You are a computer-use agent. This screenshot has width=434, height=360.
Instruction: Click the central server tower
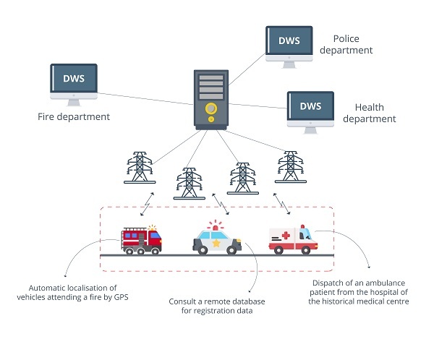point(210,99)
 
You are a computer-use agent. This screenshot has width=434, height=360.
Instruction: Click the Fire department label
point(74,116)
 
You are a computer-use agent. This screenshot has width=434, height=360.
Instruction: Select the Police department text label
point(352,44)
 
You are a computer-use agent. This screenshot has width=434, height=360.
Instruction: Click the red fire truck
point(142,239)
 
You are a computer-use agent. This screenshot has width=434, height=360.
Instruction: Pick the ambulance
point(292,241)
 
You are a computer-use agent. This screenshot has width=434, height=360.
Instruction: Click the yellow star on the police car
point(216,244)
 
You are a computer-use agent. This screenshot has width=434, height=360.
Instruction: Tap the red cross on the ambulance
point(286,236)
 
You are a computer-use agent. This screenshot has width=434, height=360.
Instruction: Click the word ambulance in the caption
point(370,282)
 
